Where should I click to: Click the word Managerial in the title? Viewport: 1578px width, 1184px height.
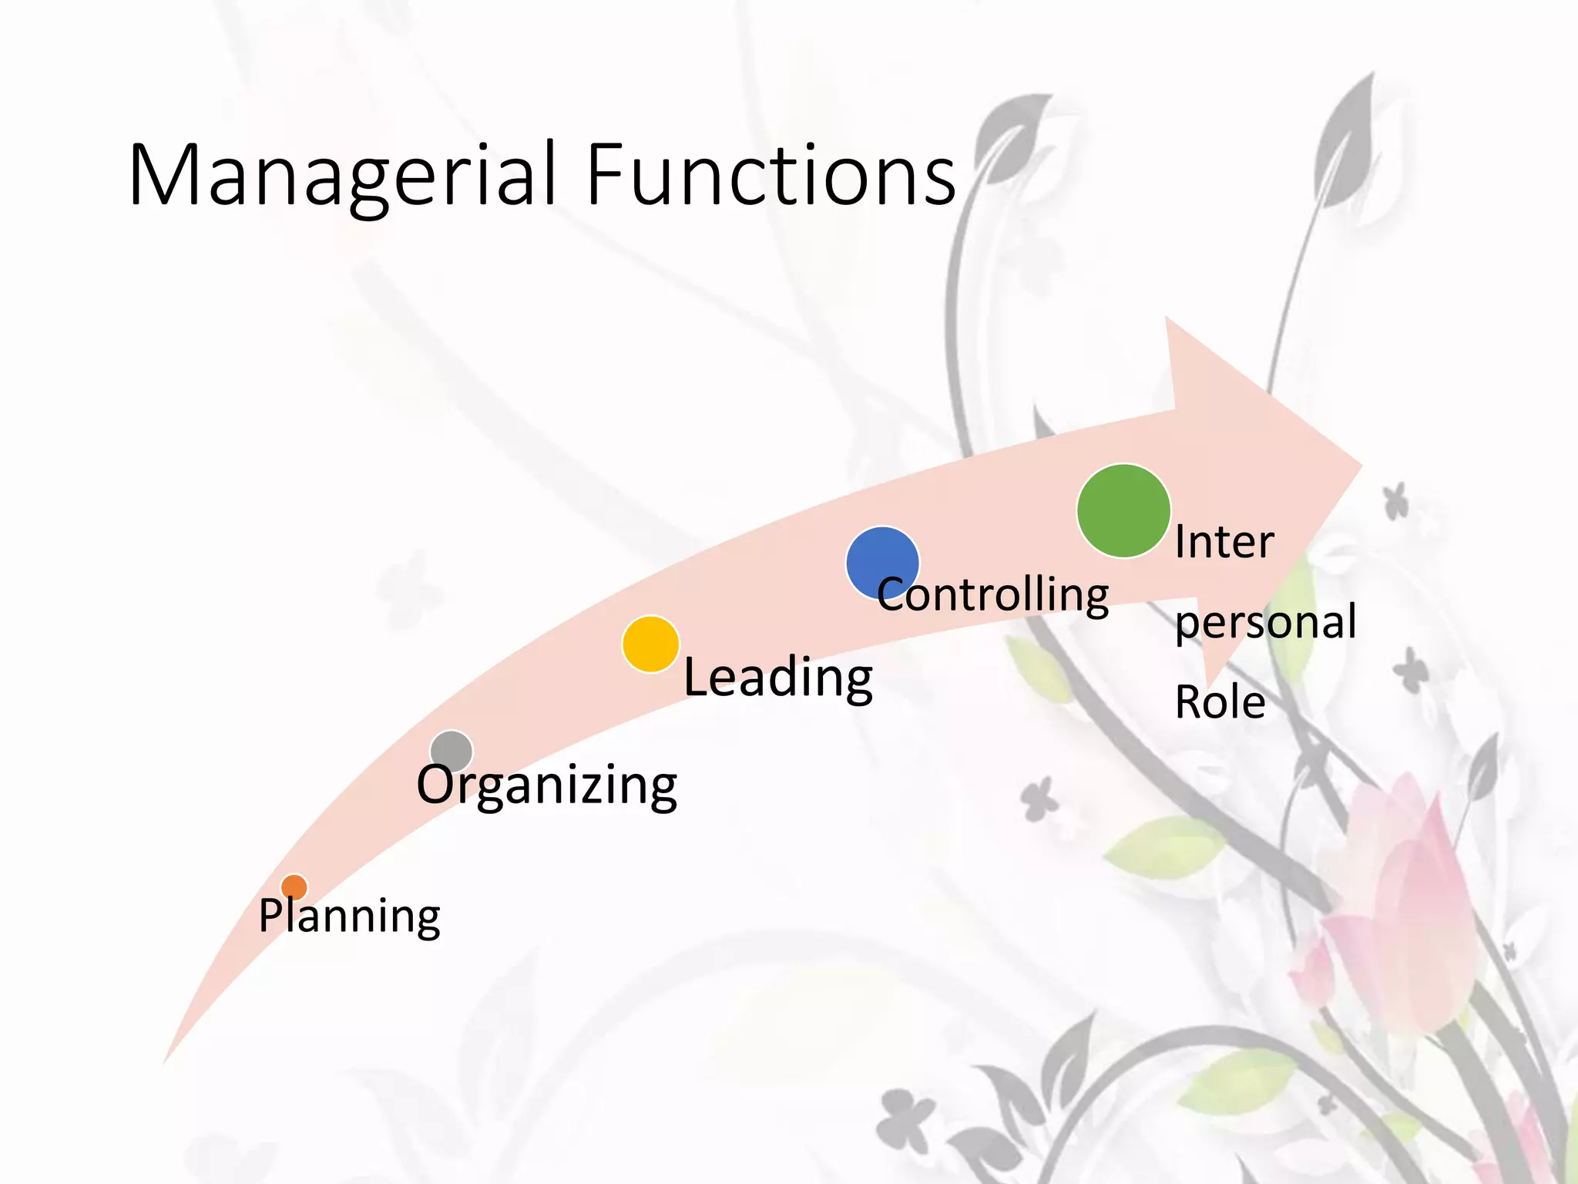(342, 176)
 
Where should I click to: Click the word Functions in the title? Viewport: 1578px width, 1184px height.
(771, 176)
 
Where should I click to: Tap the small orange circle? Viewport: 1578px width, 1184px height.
(294, 887)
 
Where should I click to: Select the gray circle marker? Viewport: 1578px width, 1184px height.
(452, 751)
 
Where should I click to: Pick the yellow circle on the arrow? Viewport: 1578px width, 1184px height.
(650, 644)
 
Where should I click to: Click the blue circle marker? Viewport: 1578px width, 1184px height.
(882, 563)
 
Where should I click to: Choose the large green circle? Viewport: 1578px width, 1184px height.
(1123, 510)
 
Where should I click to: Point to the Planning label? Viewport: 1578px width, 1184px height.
(349, 917)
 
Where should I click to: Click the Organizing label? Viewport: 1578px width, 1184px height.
(547, 785)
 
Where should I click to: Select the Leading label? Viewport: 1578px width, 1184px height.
(778, 678)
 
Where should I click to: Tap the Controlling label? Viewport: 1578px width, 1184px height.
(993, 595)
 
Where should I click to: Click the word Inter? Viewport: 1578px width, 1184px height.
(1224, 542)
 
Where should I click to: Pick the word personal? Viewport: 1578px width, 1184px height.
(1265, 623)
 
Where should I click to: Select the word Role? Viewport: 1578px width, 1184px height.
(1220, 702)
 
